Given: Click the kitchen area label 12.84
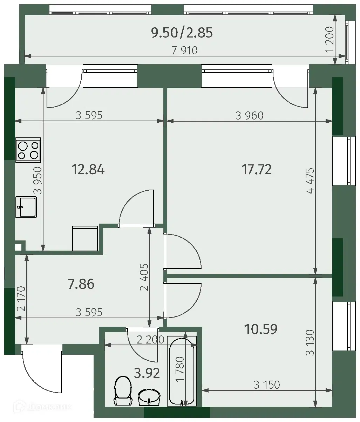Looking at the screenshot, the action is pos(88,170).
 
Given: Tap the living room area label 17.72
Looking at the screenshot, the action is pos(257,169).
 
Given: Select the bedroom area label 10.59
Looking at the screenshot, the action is pos(260,329).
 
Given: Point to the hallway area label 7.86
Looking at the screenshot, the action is pos(81,284).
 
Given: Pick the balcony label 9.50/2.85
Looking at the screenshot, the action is pos(182,33).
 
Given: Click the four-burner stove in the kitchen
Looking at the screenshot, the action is pos(28,150).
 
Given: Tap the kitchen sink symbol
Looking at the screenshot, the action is pos(26,207).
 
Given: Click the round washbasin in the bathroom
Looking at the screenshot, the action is pos(149,397).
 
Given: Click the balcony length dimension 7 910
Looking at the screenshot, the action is pos(185,50).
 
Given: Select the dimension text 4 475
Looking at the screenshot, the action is pos(310,181).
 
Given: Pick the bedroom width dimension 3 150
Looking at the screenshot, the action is pos(267,385).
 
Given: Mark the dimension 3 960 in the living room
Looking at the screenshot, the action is pos(249,116).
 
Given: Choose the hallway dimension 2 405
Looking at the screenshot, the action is pos(144,277).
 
